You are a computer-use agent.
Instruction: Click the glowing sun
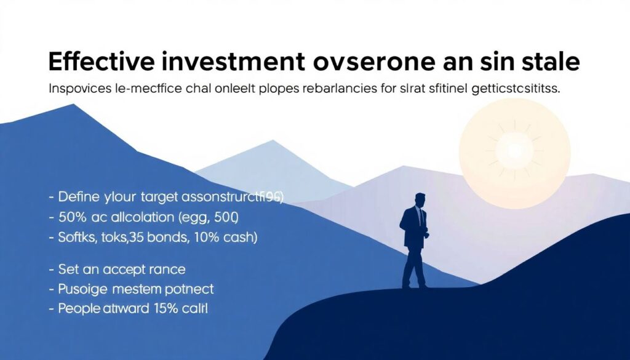pos(514,148)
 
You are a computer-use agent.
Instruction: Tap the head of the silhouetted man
pos(420,201)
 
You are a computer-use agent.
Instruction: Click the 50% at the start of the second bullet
pos(71,218)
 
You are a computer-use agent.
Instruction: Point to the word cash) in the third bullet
pos(241,238)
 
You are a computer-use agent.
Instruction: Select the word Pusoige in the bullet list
pos(81,289)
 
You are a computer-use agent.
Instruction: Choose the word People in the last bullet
pos(79,309)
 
